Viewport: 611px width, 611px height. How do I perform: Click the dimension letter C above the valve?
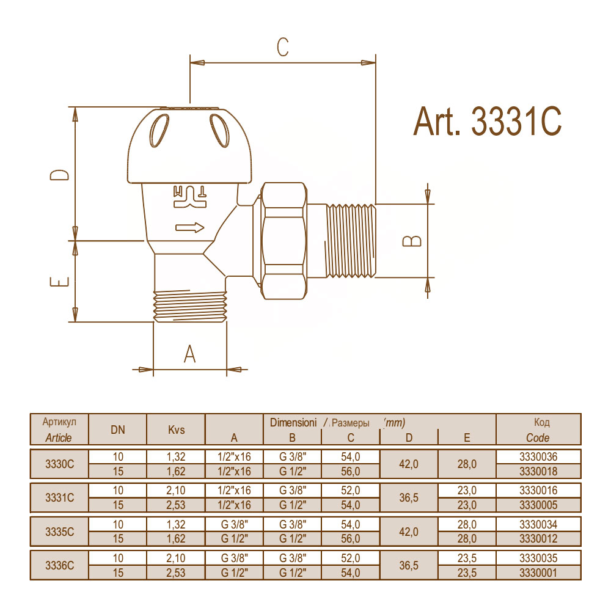[283, 47]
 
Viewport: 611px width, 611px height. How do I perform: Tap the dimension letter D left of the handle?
[60, 175]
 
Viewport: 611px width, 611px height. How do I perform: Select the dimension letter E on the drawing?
[60, 281]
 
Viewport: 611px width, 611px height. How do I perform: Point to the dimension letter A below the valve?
[190, 353]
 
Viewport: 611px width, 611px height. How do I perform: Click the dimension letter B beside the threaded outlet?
[412, 241]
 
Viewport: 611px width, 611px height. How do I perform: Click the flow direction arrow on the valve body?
[190, 227]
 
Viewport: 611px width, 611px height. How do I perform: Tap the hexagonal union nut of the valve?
[284, 241]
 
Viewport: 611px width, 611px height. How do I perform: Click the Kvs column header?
[176, 430]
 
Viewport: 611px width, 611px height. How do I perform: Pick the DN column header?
[118, 430]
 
